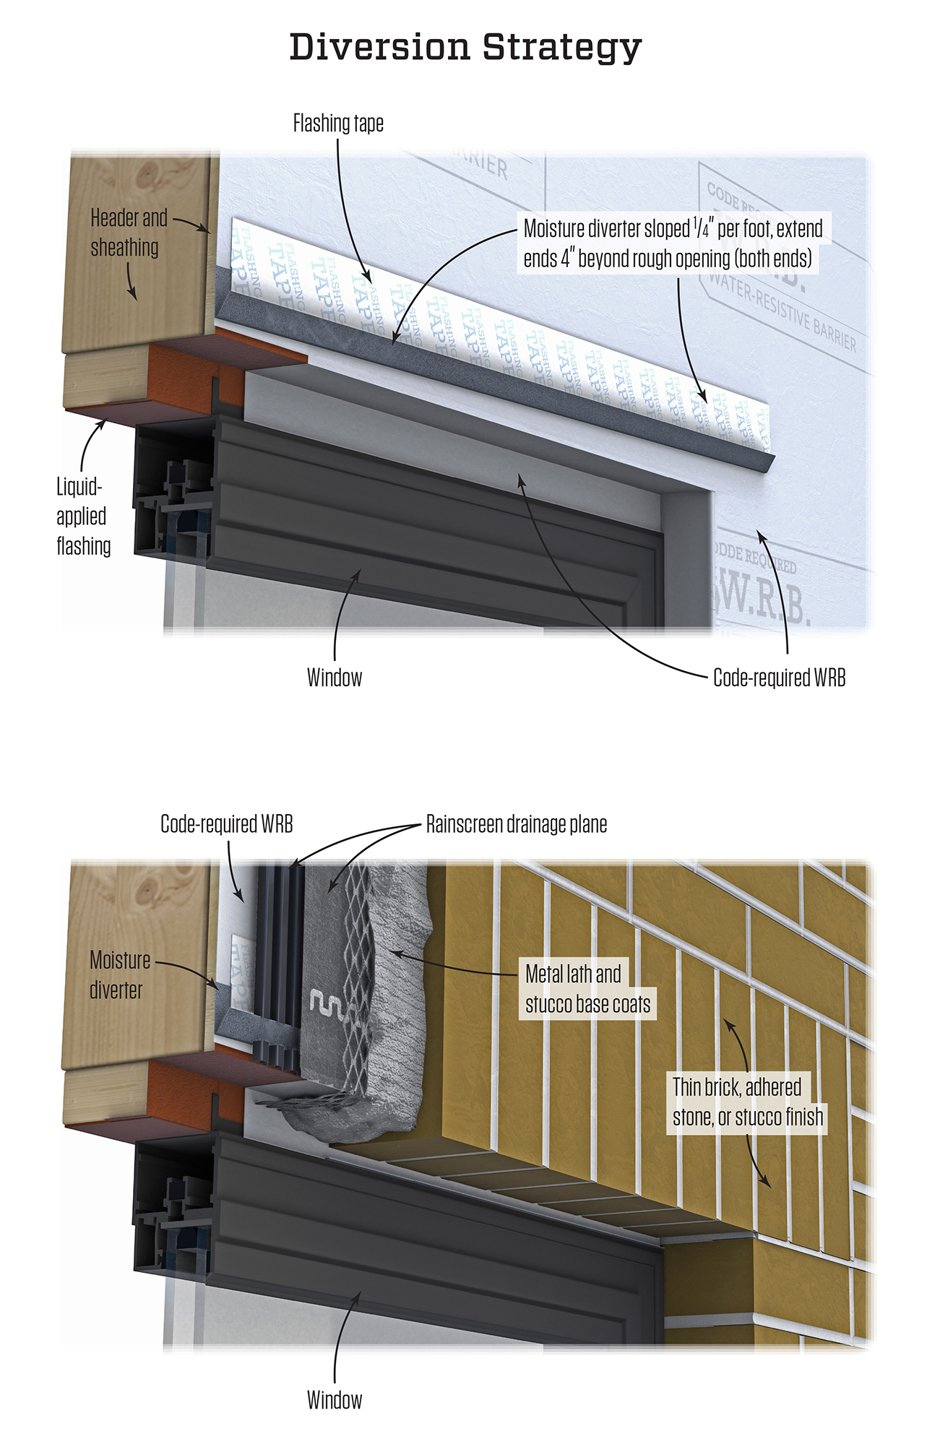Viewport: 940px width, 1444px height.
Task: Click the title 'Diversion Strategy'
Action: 465,48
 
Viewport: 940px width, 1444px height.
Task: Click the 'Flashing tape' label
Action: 338,124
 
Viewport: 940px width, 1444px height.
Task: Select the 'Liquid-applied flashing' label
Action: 83,516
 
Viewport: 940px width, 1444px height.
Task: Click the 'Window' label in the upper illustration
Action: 335,678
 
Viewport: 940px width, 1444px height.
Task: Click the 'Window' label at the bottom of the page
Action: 335,1400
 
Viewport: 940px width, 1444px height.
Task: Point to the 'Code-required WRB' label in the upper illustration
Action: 779,678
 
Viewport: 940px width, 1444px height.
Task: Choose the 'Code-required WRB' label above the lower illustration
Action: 226,824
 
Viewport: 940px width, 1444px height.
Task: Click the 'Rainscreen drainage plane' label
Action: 516,824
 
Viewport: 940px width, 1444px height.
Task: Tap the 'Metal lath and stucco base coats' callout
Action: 587,989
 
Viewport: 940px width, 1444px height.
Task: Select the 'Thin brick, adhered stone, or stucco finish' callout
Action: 747,1102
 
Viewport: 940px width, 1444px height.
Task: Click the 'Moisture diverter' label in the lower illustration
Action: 119,974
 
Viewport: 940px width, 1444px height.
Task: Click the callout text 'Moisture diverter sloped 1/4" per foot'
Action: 673,243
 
